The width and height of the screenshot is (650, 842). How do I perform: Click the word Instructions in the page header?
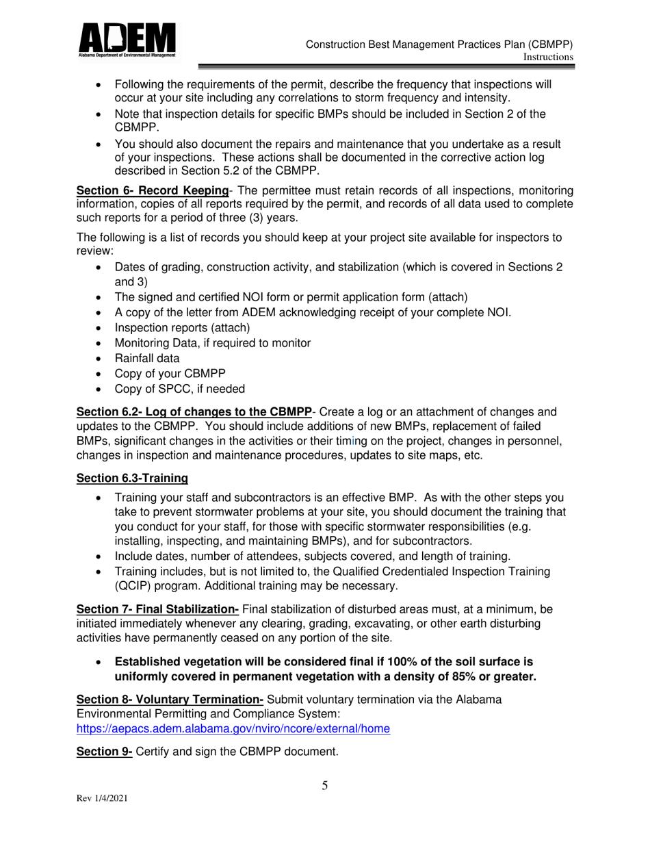[x=547, y=58]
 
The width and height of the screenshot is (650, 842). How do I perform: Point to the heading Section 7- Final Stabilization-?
[x=157, y=609]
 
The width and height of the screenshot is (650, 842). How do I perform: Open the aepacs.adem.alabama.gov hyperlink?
[x=233, y=729]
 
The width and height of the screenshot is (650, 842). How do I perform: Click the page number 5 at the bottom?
[x=325, y=785]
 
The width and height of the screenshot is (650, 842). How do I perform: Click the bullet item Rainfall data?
[x=147, y=358]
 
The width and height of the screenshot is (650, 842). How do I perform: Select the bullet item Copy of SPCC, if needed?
[x=180, y=389]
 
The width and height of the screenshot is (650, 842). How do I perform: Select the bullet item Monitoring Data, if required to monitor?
[x=213, y=343]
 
